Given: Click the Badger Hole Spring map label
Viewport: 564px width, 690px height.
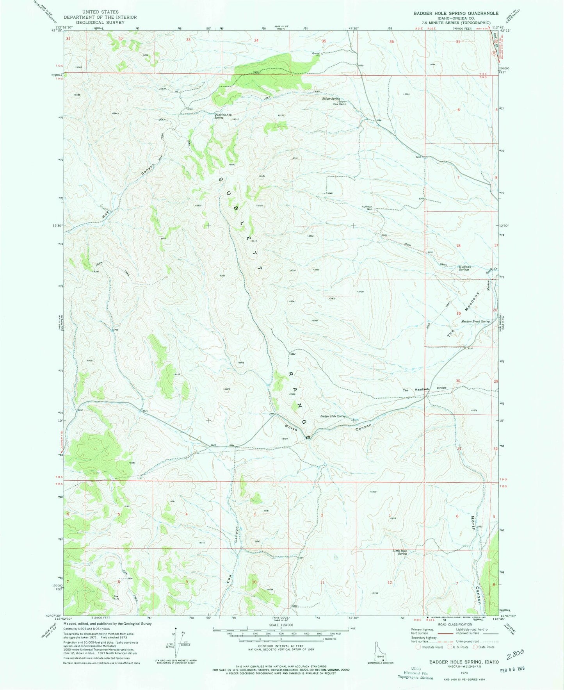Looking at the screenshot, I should [x=333, y=416].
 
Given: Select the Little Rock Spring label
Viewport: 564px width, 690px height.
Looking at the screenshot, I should [x=400, y=552].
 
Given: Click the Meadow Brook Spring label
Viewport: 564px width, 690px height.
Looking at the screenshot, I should [x=475, y=321].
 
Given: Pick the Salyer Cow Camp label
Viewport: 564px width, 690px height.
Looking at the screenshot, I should [x=340, y=103].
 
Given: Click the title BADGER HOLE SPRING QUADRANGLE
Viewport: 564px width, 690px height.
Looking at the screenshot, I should [x=450, y=13].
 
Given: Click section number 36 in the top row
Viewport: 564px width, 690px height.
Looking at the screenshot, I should [x=391, y=41].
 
